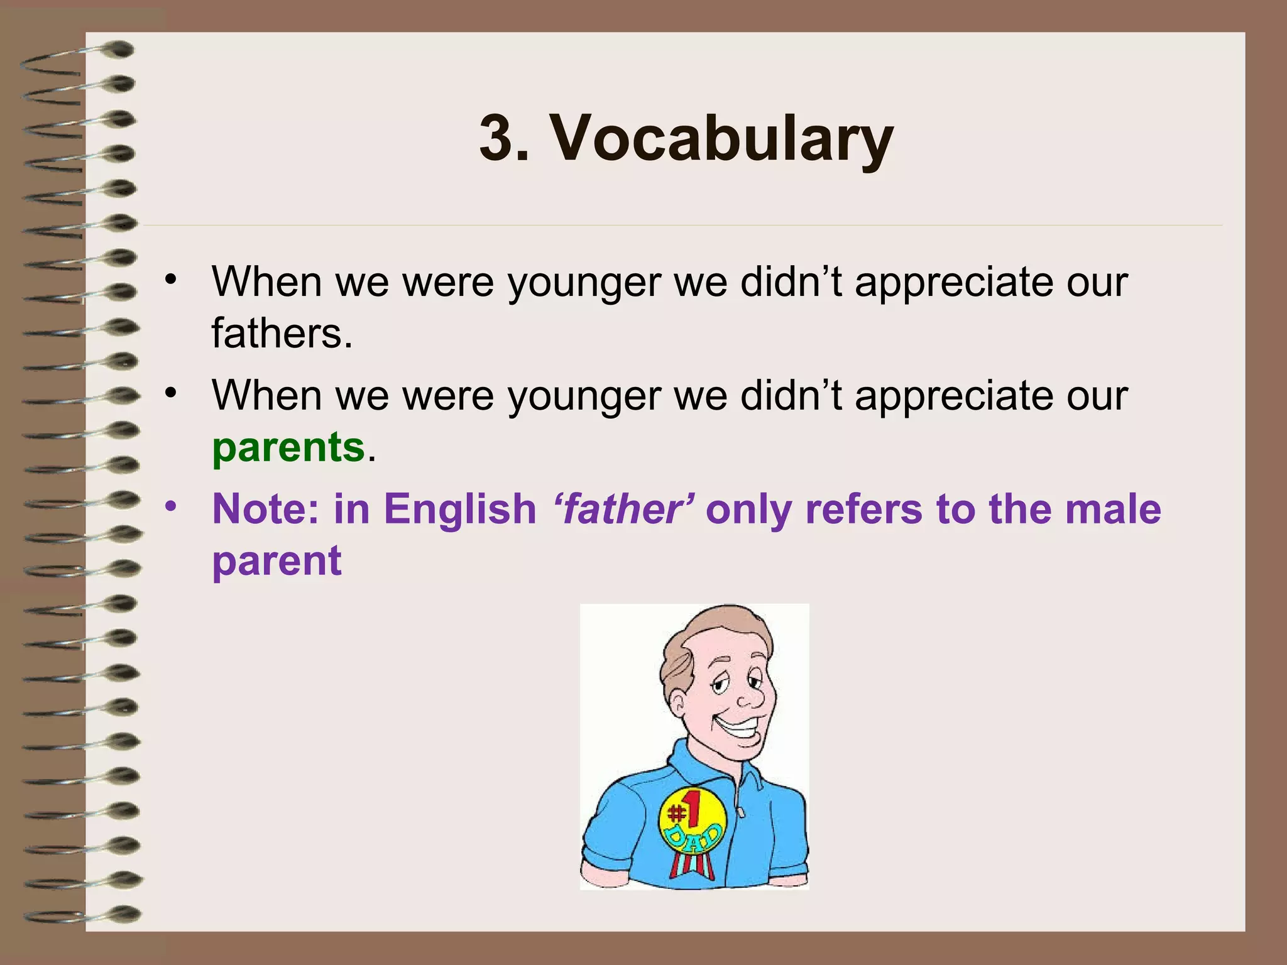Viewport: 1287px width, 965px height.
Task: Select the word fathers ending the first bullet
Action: coord(281,333)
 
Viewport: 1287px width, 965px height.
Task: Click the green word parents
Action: coord(288,447)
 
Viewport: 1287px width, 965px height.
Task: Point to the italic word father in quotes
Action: coord(623,509)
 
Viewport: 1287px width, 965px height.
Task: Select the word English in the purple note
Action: coord(459,509)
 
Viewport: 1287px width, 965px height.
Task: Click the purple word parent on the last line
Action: coord(277,560)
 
